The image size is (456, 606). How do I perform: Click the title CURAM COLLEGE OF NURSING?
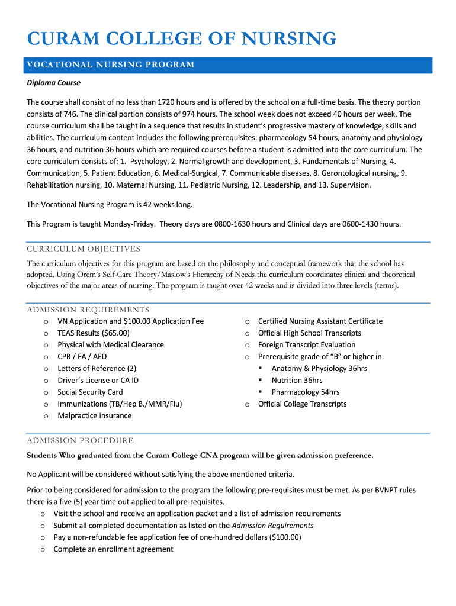point(181,39)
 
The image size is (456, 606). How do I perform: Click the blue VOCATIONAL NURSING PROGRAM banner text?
point(111,65)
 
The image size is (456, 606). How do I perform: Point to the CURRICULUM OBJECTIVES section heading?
point(84,249)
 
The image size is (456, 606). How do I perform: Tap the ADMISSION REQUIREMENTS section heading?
point(88,310)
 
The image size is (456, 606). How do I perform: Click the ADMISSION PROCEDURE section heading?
point(80,440)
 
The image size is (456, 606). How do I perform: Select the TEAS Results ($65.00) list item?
point(93,333)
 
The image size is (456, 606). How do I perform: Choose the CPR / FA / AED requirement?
point(82,357)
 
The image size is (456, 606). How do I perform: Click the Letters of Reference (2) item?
point(97,369)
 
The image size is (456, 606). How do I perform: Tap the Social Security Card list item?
point(90,392)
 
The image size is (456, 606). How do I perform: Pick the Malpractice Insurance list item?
point(94,416)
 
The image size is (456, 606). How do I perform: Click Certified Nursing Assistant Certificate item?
point(320,321)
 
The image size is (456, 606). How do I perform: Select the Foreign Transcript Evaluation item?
point(306,345)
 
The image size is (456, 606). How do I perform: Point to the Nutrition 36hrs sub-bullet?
point(297,381)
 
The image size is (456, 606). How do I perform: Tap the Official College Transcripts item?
point(302,404)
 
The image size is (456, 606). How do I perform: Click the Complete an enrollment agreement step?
point(113,549)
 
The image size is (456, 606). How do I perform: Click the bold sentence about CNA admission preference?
point(200,456)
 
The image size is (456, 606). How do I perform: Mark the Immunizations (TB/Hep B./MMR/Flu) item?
point(120,404)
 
